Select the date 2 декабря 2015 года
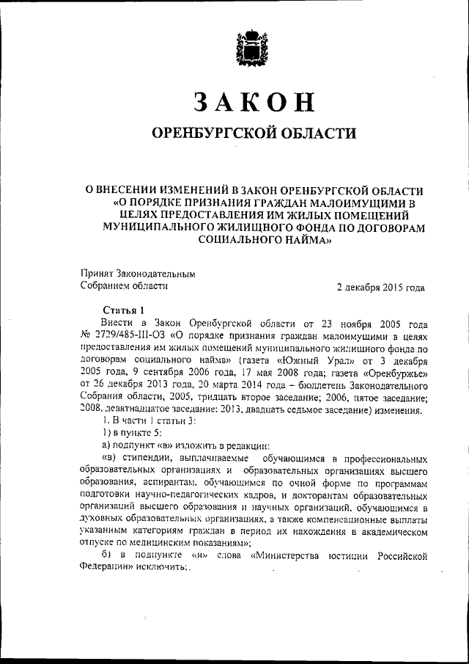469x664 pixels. pos(380,287)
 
